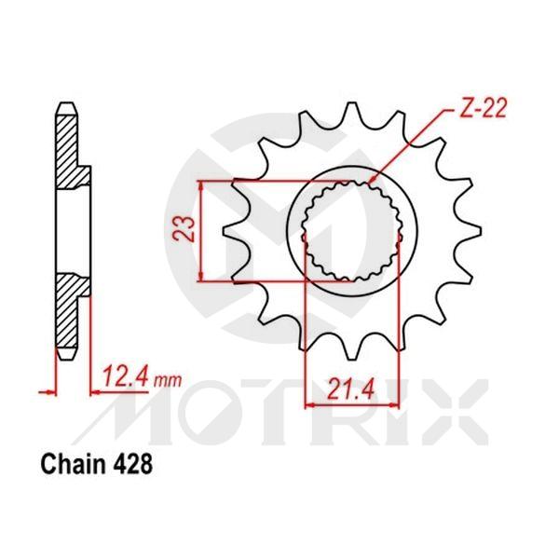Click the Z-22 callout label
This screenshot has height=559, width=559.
[483, 110]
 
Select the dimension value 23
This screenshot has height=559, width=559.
[185, 229]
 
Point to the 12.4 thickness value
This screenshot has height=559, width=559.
[126, 377]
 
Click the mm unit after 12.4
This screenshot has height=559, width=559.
[168, 380]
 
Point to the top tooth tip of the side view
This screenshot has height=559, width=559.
[65, 103]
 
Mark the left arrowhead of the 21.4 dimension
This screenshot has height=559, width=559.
[309, 404]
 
